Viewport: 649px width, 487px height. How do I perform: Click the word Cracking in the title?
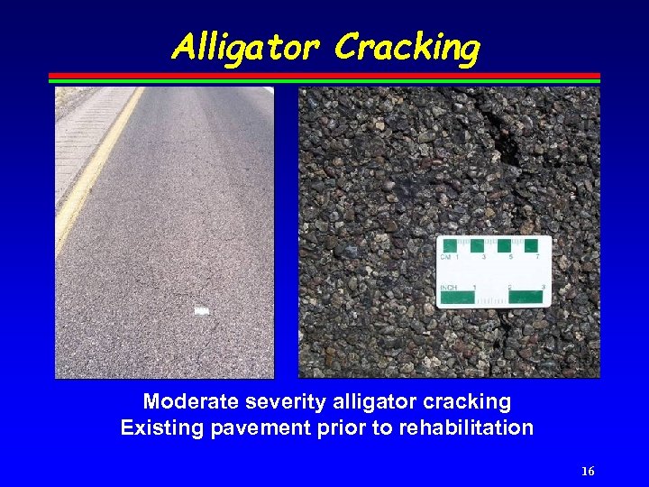click(407, 48)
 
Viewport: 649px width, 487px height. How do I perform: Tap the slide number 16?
click(588, 472)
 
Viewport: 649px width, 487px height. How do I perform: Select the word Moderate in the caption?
click(187, 401)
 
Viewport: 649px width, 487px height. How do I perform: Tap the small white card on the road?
click(202, 311)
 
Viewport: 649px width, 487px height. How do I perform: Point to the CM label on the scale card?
click(446, 257)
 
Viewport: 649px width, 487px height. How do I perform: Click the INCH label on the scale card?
click(448, 288)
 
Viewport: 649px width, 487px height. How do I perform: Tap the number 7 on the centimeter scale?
click(537, 257)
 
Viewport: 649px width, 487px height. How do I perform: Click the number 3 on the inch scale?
click(544, 288)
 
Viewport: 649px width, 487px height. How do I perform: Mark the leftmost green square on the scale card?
click(450, 245)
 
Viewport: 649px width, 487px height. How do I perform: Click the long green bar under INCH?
click(458, 297)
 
